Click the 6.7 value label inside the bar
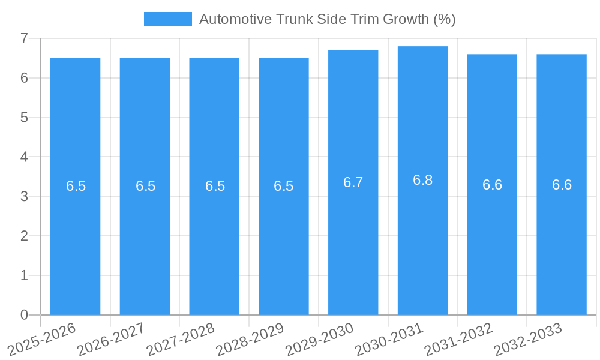coord(353,182)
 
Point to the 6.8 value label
coord(422,180)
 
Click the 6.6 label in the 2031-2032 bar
coord(492,185)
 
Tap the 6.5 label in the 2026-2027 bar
coord(145,186)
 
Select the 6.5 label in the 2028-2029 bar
coord(283,186)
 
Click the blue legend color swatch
coord(167,19)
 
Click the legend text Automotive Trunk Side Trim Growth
coord(327,19)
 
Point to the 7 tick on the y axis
coord(24,38)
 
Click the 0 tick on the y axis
coord(24,315)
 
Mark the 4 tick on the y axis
coord(24,157)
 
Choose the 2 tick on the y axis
coord(24,236)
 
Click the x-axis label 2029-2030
coord(320,338)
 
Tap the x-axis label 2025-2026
coord(42,338)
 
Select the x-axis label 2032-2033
coord(528,338)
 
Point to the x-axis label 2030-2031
coord(389,338)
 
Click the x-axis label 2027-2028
coord(181,338)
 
